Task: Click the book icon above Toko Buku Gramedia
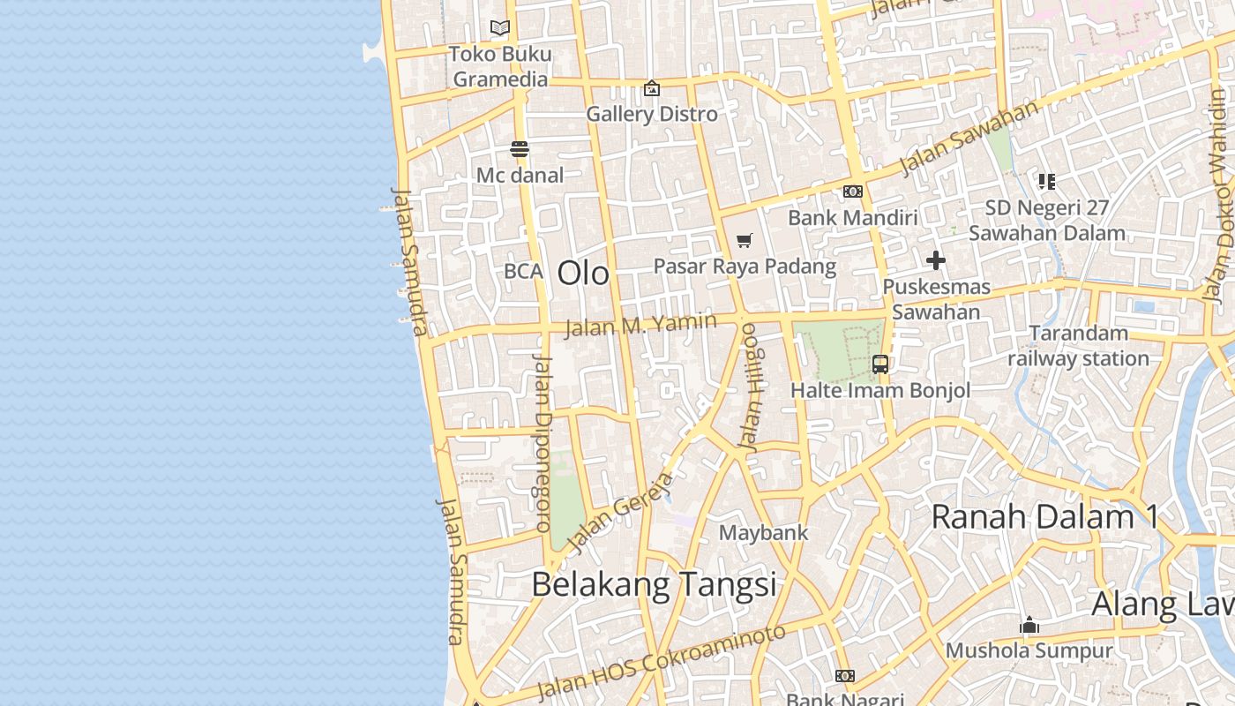tap(500, 27)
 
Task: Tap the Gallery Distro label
tap(652, 114)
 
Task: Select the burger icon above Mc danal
tap(519, 149)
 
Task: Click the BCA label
tap(523, 271)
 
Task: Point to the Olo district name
tap(583, 273)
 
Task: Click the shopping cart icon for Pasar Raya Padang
tap(744, 240)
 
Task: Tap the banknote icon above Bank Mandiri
tap(852, 192)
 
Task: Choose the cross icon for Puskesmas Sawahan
tap(936, 260)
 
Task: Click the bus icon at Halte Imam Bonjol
tap(879, 364)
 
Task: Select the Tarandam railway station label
tap(1078, 346)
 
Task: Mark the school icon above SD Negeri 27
tap(1046, 182)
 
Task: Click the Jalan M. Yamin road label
tap(640, 324)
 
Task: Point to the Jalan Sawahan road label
tap(969, 139)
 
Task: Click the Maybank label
tap(764, 533)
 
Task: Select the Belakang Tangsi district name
tap(654, 584)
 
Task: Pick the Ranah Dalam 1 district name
tap(1044, 516)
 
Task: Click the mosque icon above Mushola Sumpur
tap(1029, 627)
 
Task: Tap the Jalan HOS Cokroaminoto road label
tap(661, 662)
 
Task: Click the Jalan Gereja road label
tap(619, 513)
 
